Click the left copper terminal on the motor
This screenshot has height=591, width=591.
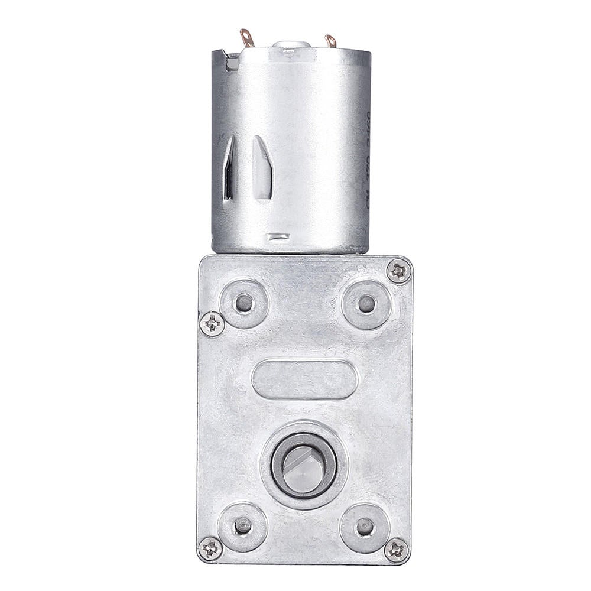247,38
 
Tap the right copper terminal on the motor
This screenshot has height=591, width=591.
331,41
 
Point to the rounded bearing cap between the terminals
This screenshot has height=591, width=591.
289,46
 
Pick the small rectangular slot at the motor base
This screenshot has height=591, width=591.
278,237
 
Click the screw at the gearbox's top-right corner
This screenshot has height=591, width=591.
399,272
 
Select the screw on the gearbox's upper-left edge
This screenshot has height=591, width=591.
212,324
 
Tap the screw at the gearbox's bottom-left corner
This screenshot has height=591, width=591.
210,548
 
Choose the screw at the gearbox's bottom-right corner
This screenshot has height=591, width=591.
396,550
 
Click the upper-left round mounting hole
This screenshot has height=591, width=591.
243,304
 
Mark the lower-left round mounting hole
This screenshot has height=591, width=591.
242,525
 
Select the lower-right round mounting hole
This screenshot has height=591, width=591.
365,525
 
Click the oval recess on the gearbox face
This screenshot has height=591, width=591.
304,379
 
